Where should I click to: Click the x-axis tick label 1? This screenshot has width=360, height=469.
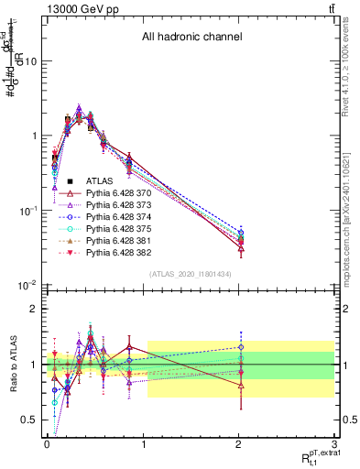click(x=143, y=442)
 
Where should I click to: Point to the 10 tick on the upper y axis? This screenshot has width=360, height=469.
click(x=31, y=61)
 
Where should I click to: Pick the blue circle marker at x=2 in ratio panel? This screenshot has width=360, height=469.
click(x=241, y=347)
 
